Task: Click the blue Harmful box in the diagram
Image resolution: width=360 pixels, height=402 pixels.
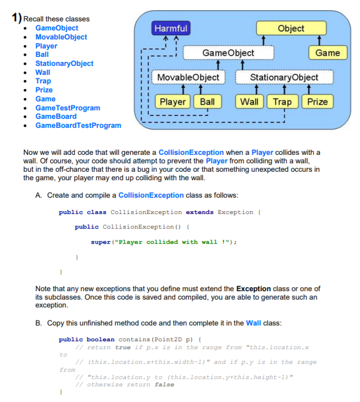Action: click(171, 28)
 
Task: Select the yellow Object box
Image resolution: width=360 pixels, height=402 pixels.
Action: click(291, 28)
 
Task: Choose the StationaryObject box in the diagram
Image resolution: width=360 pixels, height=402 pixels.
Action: click(283, 77)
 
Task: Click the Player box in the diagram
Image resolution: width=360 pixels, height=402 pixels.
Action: click(172, 102)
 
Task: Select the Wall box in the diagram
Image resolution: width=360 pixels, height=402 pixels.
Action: click(249, 102)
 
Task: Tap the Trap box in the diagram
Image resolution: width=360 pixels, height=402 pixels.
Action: click(283, 102)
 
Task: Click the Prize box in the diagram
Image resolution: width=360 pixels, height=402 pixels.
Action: click(317, 102)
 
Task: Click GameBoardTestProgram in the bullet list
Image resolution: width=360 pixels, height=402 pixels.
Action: click(78, 125)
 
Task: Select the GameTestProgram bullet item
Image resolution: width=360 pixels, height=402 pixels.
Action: click(68, 108)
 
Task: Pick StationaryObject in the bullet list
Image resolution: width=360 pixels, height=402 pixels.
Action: click(64, 64)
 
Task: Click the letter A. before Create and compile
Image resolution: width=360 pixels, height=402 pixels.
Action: click(38, 195)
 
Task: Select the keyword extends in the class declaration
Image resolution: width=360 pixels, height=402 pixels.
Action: click(199, 212)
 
